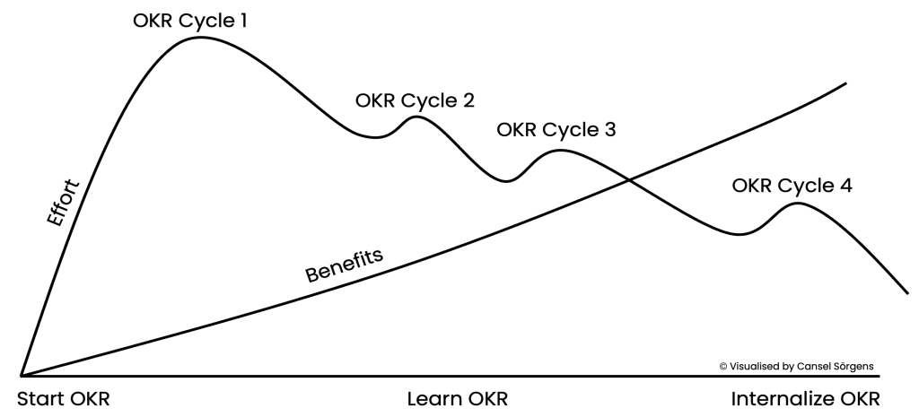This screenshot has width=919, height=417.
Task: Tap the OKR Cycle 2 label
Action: (x=415, y=100)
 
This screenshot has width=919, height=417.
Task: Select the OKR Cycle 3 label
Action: (x=556, y=130)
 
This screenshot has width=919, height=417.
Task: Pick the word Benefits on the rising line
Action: (x=345, y=264)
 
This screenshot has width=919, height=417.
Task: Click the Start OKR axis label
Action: (x=65, y=398)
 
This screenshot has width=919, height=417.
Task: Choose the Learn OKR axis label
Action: (x=463, y=398)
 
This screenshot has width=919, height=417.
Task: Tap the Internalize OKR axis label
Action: (x=805, y=398)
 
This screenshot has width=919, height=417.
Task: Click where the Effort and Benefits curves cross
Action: (x=627, y=181)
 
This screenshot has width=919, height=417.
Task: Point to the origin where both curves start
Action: (x=22, y=375)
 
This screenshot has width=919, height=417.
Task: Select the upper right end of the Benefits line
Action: (x=846, y=83)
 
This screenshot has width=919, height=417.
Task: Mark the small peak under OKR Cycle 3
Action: (x=558, y=150)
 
